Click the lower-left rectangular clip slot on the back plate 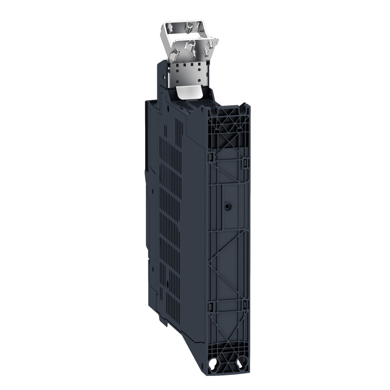(211, 306)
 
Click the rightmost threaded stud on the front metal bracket (212, 43)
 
